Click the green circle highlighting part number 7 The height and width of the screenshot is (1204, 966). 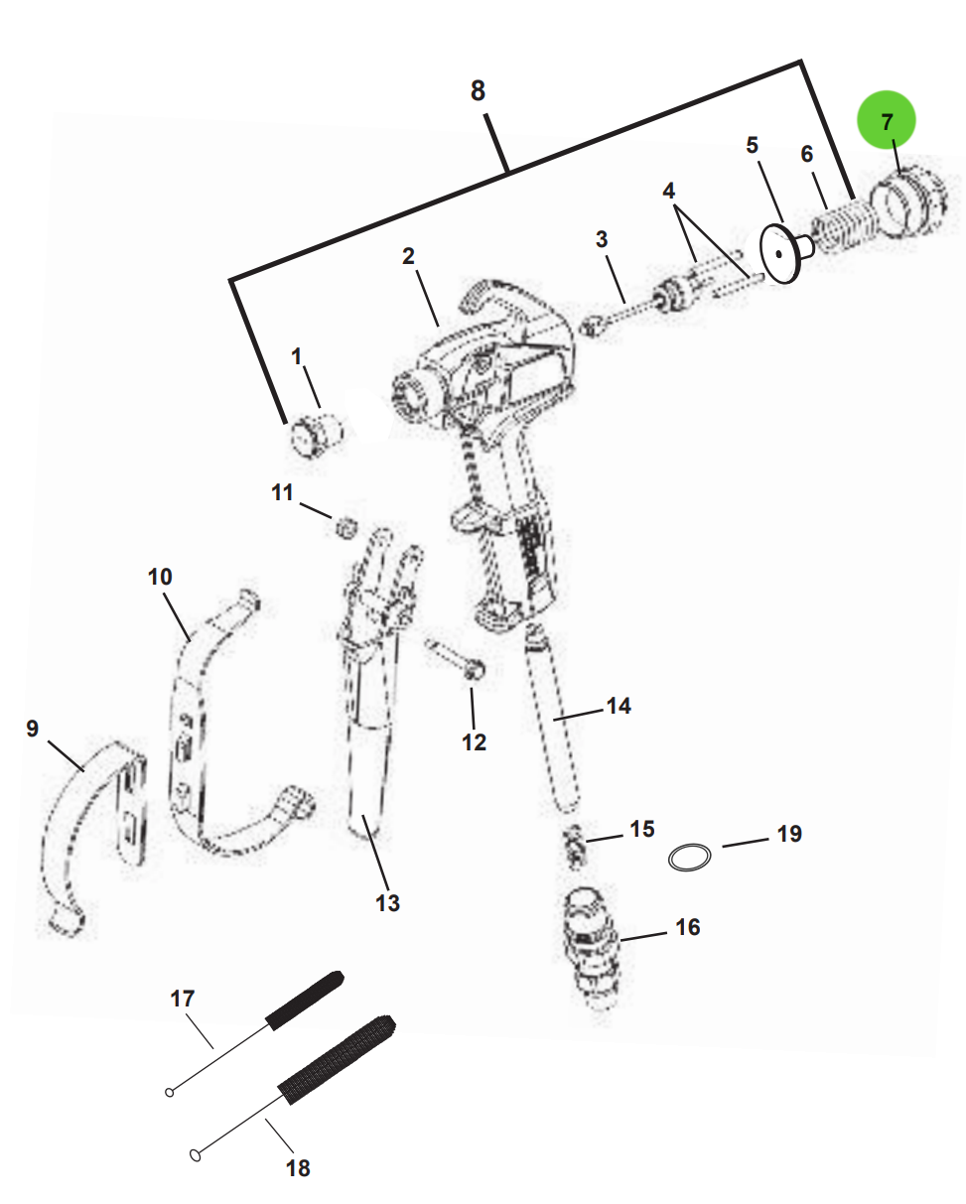tap(886, 120)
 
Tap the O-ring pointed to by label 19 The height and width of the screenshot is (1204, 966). tap(690, 858)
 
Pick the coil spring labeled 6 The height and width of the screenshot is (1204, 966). tap(845, 227)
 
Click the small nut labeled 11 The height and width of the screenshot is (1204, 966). tap(346, 527)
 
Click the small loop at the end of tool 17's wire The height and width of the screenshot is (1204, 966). tap(170, 1093)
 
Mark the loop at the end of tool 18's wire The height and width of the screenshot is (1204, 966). tap(196, 1155)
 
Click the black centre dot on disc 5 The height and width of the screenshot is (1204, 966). tap(778, 254)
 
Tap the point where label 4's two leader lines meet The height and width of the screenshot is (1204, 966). tap(675, 207)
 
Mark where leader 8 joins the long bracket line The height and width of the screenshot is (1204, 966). tap(507, 170)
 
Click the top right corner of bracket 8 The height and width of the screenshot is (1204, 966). tap(801, 61)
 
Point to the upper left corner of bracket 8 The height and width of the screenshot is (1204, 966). tap(230, 279)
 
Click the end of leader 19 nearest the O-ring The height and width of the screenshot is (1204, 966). tap(723, 847)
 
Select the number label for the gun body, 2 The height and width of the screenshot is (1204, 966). tap(409, 256)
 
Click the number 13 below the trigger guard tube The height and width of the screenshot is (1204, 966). tap(387, 903)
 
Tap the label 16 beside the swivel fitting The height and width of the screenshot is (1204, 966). tap(688, 927)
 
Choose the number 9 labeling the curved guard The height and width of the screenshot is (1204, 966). tap(33, 729)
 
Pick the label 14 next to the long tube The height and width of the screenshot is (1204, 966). tap(619, 706)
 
